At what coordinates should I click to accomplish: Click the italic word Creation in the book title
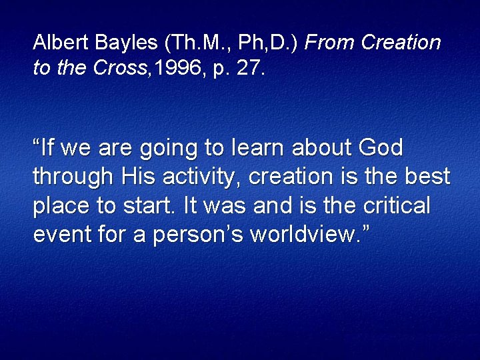pos(401,43)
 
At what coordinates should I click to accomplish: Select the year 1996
pos(173,69)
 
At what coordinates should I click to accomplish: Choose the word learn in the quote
pos(257,147)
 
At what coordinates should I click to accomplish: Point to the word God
pos(380,147)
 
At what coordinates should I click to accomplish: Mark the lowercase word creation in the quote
pos(292,177)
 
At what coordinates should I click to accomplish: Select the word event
pos(59,235)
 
